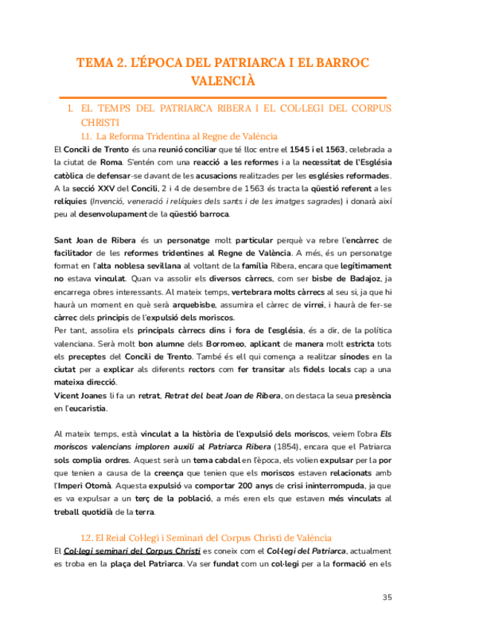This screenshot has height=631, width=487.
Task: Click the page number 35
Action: coord(387,597)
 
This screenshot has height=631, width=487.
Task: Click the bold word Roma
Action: coord(111,162)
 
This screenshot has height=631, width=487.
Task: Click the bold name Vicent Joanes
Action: coord(80,395)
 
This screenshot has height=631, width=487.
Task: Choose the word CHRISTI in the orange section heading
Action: coord(99,121)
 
